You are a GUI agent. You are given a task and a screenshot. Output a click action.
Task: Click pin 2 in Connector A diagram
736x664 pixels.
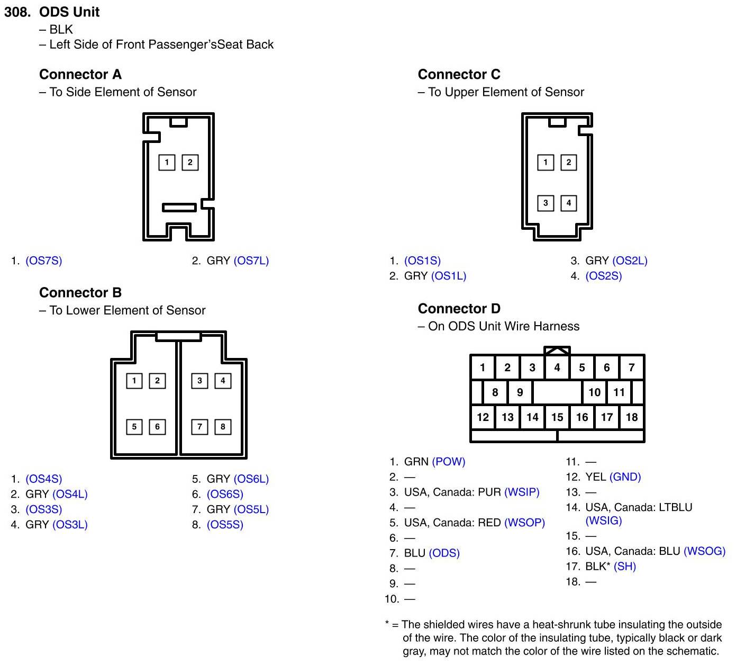pos(190,162)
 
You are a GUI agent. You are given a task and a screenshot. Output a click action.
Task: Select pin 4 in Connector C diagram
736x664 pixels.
pos(569,203)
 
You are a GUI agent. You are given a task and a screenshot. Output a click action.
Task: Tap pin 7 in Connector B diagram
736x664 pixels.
pos(199,427)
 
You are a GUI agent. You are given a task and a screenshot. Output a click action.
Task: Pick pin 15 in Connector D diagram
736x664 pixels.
pos(557,417)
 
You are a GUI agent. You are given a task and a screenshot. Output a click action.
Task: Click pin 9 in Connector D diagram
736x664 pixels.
pos(520,392)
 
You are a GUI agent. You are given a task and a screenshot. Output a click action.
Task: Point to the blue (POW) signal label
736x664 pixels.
pos(449,462)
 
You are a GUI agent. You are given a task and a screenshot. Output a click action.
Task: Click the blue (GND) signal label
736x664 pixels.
pos(625,477)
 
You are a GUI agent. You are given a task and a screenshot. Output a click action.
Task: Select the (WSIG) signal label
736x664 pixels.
pos(603,521)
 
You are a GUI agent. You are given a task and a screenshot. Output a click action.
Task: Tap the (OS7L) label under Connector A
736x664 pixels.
pos(251,261)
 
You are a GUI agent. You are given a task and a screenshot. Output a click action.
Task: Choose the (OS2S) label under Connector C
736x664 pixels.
pos(603,276)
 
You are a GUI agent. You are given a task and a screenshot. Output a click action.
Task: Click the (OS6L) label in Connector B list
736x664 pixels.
pos(251,479)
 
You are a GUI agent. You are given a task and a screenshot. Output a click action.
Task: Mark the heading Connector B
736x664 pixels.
pos(80,293)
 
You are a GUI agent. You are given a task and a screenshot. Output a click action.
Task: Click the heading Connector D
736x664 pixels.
pos(459,309)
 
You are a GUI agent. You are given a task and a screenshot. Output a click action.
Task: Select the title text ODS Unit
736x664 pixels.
pos(69,12)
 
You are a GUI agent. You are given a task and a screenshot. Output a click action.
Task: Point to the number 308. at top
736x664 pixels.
pos(17,12)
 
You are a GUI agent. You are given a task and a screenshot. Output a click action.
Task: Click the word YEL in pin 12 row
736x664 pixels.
pos(595,477)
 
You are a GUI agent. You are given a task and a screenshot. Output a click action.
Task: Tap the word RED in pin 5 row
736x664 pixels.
pos(489,523)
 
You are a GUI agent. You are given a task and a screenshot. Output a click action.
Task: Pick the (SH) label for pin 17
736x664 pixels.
pos(624,567)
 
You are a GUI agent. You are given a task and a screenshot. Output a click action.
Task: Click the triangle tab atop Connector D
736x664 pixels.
pos(557,351)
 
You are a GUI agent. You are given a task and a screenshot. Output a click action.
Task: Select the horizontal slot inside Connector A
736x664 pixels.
pos(179,207)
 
